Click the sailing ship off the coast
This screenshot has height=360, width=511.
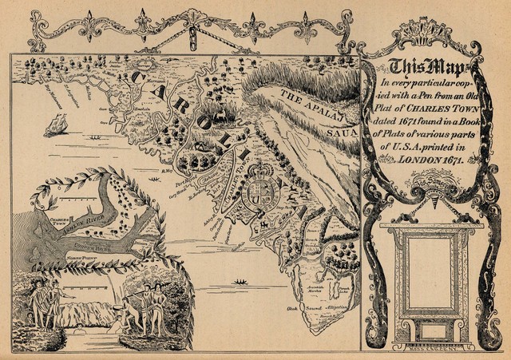(x=57, y=123)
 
